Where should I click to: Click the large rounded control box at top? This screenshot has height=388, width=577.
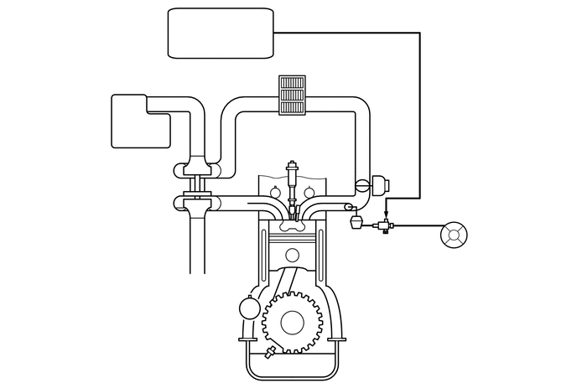pyautogui.click(x=221, y=33)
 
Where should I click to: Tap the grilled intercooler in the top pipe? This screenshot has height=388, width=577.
pyautogui.click(x=291, y=98)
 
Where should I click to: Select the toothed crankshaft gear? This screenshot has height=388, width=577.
pyautogui.click(x=290, y=321)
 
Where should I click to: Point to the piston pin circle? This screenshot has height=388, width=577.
pyautogui.click(x=292, y=255)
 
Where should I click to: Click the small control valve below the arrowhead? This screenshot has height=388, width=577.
pyautogui.click(x=385, y=225)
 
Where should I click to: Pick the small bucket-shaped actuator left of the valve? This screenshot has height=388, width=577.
pyautogui.click(x=355, y=223)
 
